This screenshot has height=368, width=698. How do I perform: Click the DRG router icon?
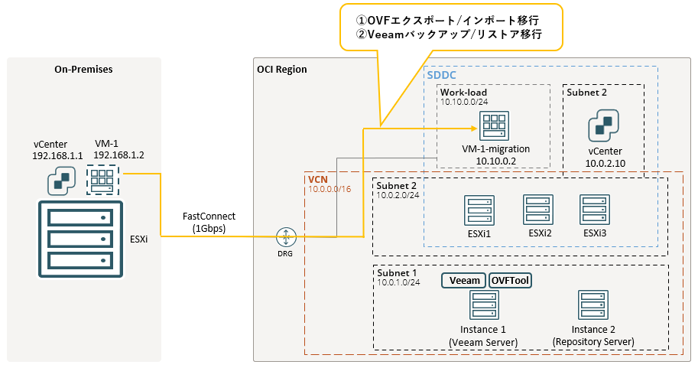[x=286, y=236]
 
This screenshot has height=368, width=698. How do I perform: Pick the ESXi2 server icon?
[x=537, y=210]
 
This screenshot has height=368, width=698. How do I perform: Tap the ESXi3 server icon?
[x=595, y=210]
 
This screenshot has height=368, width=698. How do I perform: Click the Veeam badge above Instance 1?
[x=464, y=281]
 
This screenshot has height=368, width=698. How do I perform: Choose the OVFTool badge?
[x=510, y=281]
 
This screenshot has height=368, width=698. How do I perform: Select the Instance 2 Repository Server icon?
[x=592, y=306]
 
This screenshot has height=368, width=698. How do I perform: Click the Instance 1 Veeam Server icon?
[x=482, y=306]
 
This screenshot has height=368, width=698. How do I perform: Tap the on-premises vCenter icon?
[x=61, y=181]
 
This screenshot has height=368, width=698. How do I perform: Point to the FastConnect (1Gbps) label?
[x=209, y=222]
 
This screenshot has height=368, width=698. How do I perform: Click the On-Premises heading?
[x=83, y=70]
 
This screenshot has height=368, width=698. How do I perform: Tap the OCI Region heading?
[x=282, y=70]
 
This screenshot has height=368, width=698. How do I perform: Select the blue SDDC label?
[x=442, y=77]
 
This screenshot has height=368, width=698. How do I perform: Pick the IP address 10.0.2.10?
[x=606, y=164]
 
